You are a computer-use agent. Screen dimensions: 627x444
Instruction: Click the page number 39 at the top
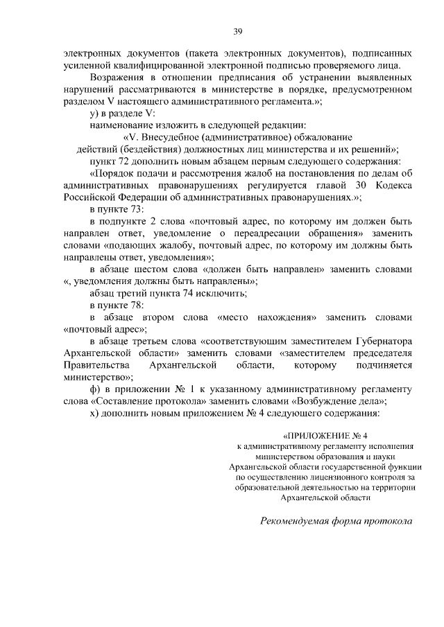[x=237, y=31]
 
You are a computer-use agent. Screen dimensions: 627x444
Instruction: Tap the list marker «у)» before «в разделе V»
[x=96, y=113]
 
